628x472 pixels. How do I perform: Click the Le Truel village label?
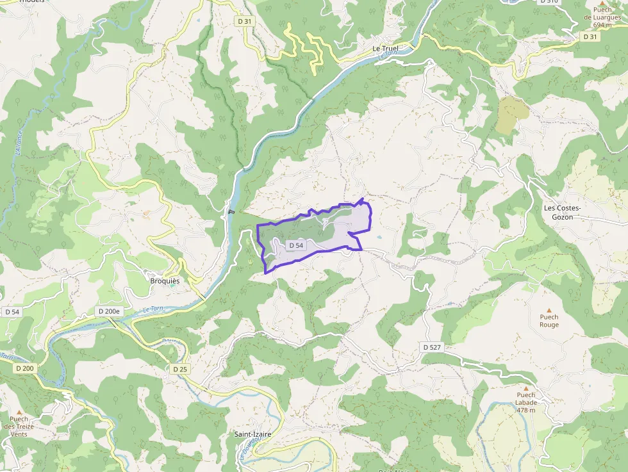386,49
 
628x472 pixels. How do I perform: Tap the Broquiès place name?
165,281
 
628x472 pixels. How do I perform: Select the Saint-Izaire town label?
252,434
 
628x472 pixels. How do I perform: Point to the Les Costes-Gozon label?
562,213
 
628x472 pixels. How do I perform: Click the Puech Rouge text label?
549,320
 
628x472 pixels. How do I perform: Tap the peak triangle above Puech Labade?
525,388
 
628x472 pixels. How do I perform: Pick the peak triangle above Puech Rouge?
549,310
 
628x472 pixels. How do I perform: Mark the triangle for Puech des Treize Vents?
19,412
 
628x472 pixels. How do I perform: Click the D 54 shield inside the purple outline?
296,245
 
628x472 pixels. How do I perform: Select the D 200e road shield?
109,311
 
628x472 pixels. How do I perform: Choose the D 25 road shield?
180,370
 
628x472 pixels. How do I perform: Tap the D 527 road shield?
433,346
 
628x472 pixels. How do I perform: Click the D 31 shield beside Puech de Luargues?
590,37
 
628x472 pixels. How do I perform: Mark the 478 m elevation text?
525,410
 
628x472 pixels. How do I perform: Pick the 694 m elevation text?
602,25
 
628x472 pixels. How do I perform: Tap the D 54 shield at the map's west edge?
12,311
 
